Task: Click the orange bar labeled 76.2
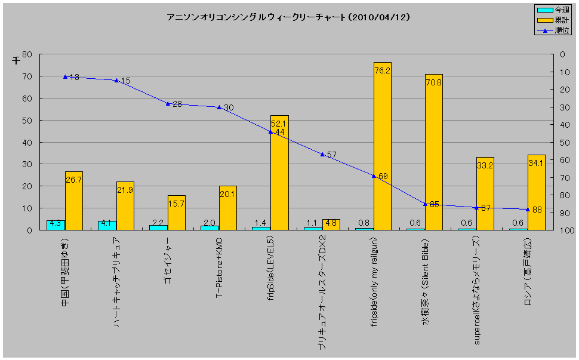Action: [382, 146]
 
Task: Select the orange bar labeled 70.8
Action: [433, 152]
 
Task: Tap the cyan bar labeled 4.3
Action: [56, 224]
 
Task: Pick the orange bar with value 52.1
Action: [279, 173]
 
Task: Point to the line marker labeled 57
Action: [322, 155]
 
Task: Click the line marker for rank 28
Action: [168, 104]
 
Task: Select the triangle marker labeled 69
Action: [374, 176]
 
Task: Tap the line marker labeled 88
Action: [528, 209]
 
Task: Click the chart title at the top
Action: [288, 17]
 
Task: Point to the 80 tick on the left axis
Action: [26, 54]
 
